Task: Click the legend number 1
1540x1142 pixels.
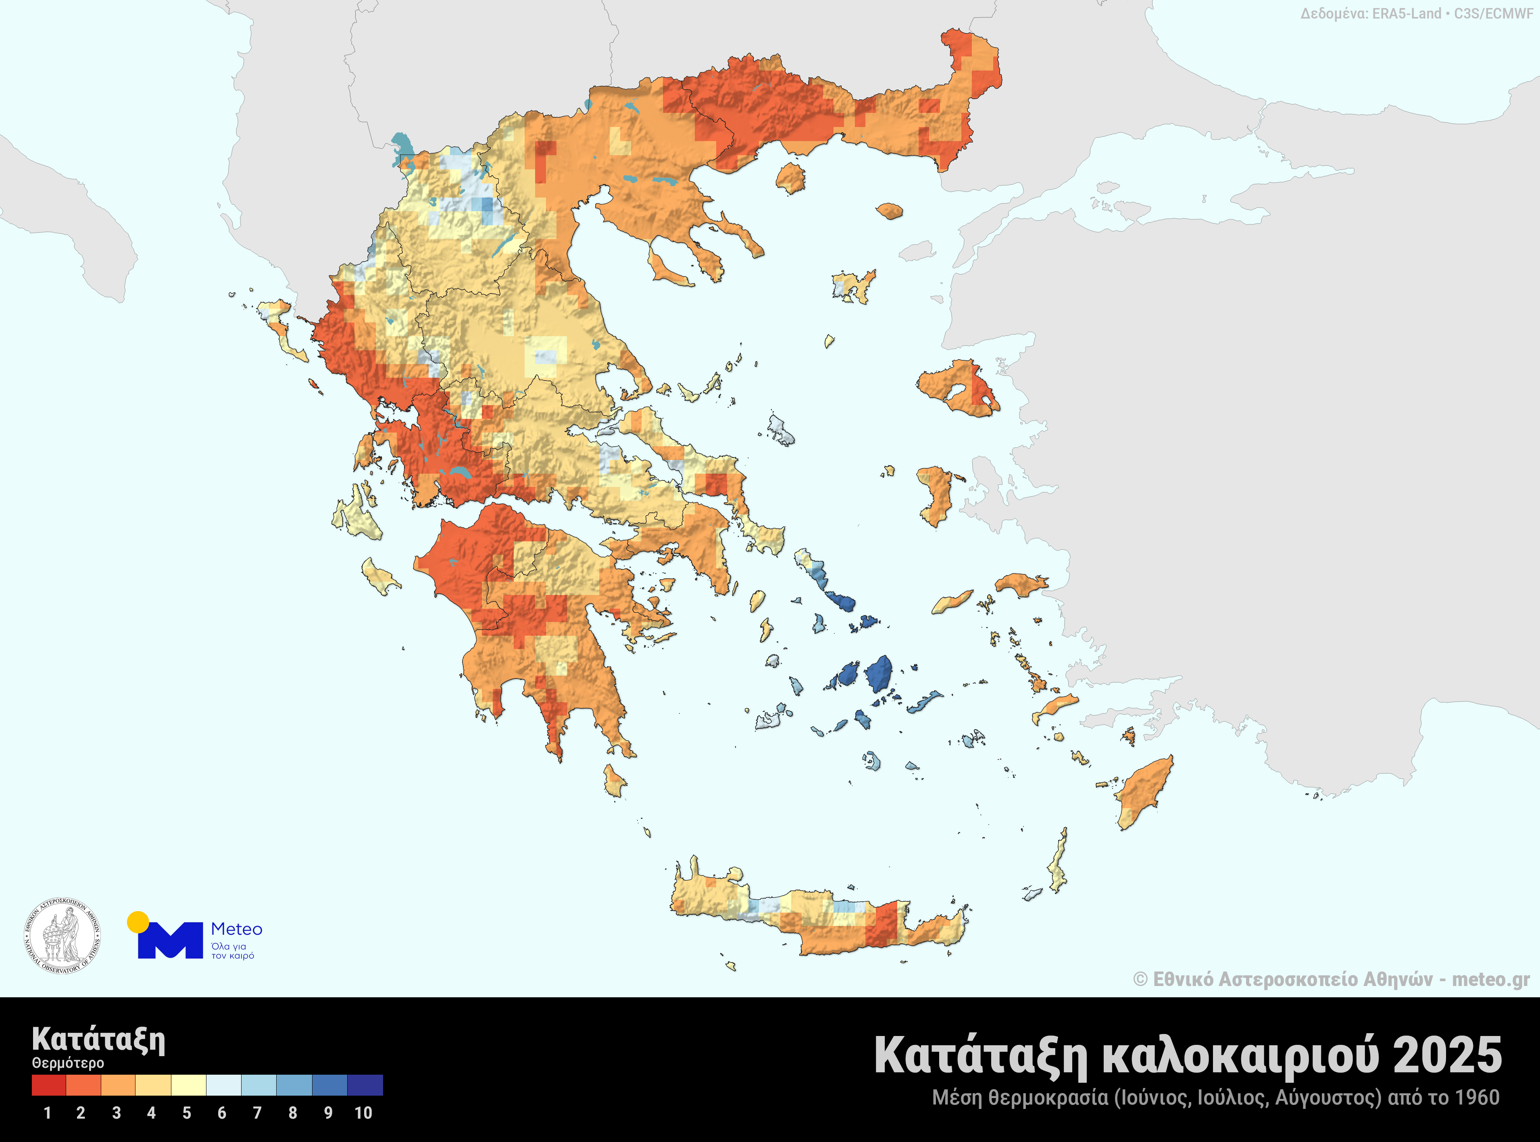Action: point(47,1113)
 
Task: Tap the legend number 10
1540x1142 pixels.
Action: point(363,1113)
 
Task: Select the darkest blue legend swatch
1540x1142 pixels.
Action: point(365,1085)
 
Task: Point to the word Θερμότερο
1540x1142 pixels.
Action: point(68,1063)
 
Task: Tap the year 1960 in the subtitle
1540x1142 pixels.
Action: point(1476,1098)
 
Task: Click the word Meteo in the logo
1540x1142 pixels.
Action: point(236,929)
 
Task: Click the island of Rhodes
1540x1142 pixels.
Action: point(1144,792)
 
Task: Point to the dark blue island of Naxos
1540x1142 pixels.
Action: point(879,674)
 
